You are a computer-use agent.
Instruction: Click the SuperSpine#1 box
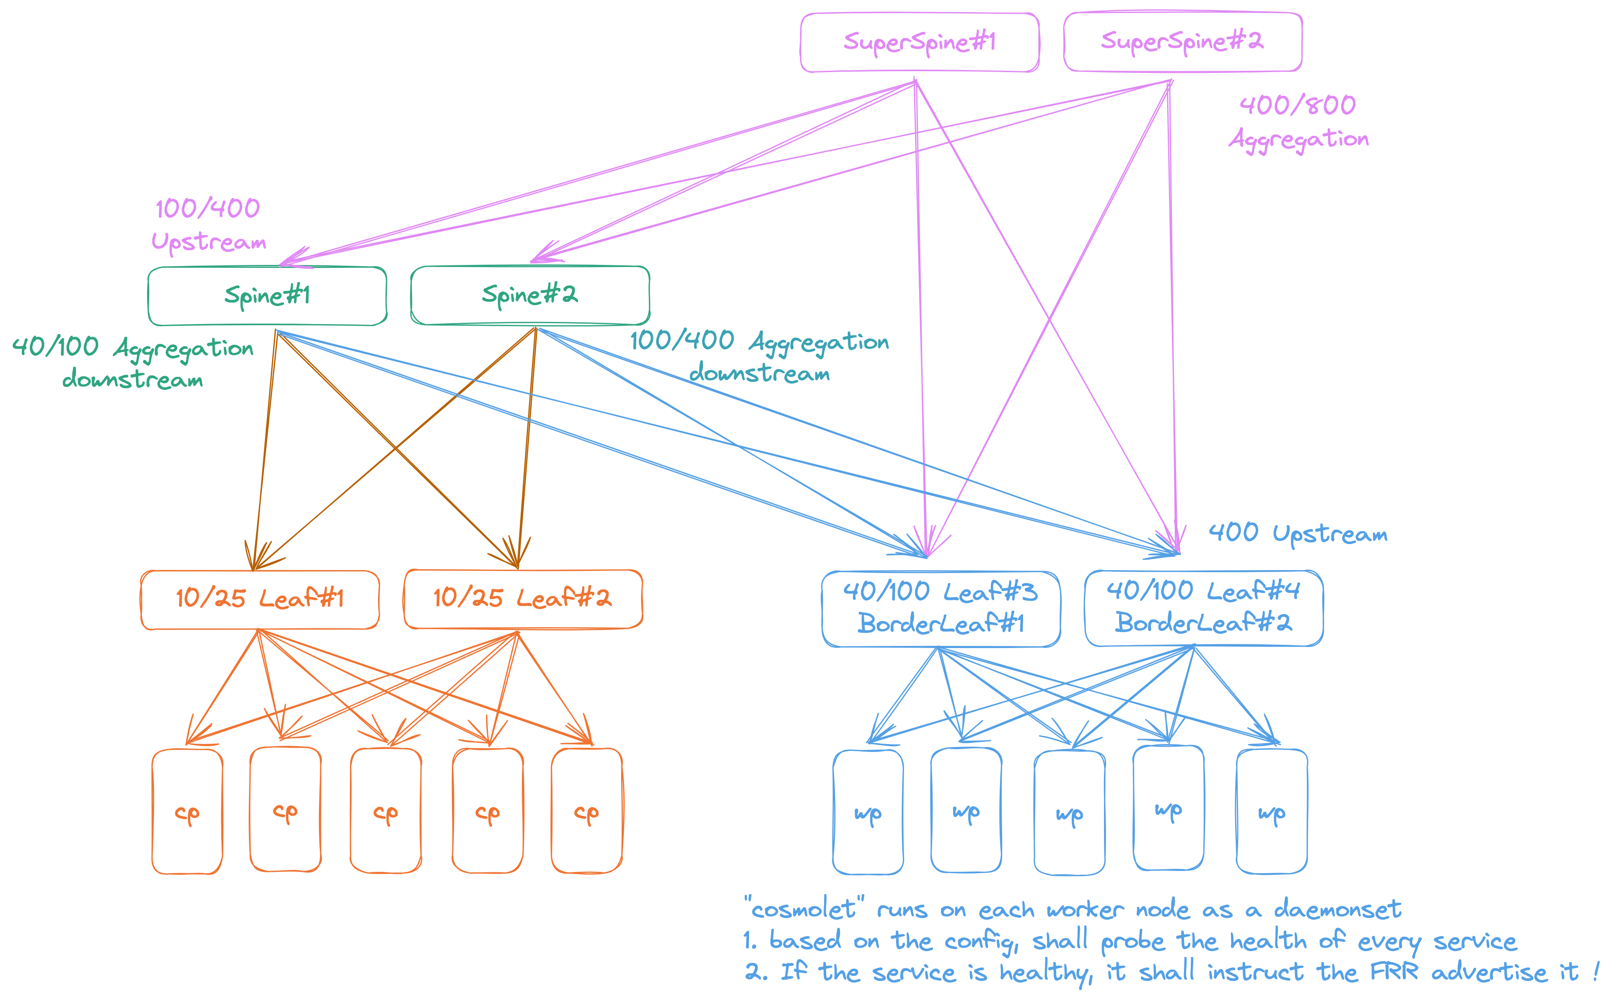coord(920,42)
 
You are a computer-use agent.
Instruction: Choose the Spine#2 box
coord(530,295)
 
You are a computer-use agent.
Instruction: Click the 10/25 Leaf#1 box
coord(259,599)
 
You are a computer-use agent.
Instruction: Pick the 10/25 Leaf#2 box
coord(522,599)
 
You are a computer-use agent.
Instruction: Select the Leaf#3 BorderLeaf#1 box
coord(941,608)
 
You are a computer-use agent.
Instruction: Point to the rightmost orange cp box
coord(586,812)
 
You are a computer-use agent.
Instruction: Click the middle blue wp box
coord(1069,813)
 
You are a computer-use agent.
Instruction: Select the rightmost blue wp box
coord(1272,812)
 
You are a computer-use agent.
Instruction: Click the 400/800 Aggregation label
coord(1298,122)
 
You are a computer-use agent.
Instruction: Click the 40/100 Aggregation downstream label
coord(133,363)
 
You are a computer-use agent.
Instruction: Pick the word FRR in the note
coord(1394,972)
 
